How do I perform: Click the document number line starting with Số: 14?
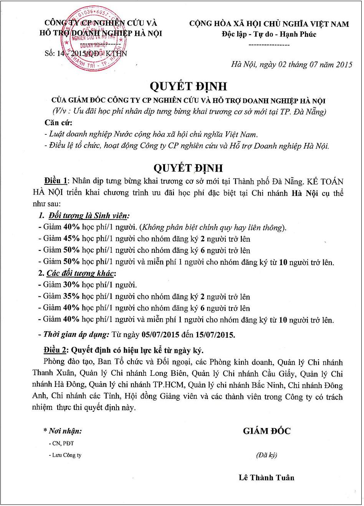85,53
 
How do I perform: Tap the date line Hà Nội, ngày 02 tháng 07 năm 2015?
291,64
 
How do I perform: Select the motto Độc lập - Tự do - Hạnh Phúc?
269,34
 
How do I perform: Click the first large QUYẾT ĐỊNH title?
188,86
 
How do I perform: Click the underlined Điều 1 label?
56,181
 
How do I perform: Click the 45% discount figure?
71,239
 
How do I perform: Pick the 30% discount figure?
71,285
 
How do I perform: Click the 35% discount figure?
71,297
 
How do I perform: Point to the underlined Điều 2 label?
56,350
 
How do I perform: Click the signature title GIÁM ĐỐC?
266,431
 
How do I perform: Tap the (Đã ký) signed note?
266,455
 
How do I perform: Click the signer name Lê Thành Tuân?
266,478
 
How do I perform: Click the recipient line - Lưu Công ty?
65,455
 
